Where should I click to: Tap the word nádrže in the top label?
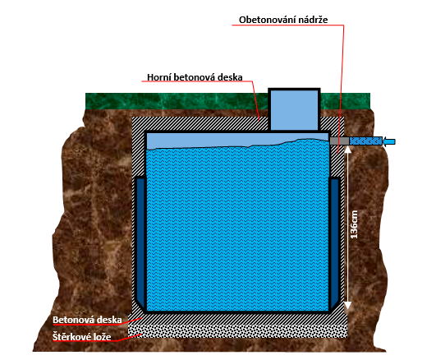(x=313, y=20)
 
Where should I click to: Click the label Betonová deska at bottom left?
(x=87, y=320)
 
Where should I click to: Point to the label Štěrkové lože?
(x=82, y=337)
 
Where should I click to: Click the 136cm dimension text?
(x=354, y=224)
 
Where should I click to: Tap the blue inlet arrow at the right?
(x=389, y=141)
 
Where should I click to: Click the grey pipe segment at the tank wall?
(x=339, y=141)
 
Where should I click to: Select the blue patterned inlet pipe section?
(x=365, y=141)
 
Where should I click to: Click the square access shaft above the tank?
(x=294, y=109)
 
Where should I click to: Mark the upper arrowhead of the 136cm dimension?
(x=348, y=150)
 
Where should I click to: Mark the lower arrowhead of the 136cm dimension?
(x=348, y=305)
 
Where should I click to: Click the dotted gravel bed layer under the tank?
(x=238, y=330)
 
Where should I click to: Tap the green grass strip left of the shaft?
(x=177, y=101)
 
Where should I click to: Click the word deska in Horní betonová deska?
(x=230, y=77)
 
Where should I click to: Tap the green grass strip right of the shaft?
(x=346, y=101)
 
